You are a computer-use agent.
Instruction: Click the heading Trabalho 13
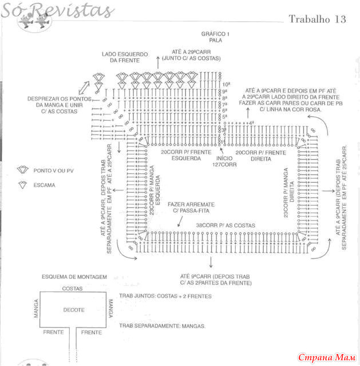click(x=317, y=19)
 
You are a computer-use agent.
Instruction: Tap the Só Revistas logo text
click(x=57, y=10)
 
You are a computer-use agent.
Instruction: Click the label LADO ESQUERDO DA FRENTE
click(x=125, y=57)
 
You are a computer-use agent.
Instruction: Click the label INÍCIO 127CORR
click(x=224, y=161)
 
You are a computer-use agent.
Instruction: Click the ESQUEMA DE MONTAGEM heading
click(x=74, y=277)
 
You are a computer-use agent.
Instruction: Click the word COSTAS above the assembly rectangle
click(x=73, y=288)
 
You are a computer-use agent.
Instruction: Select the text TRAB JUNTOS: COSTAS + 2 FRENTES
click(x=165, y=296)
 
